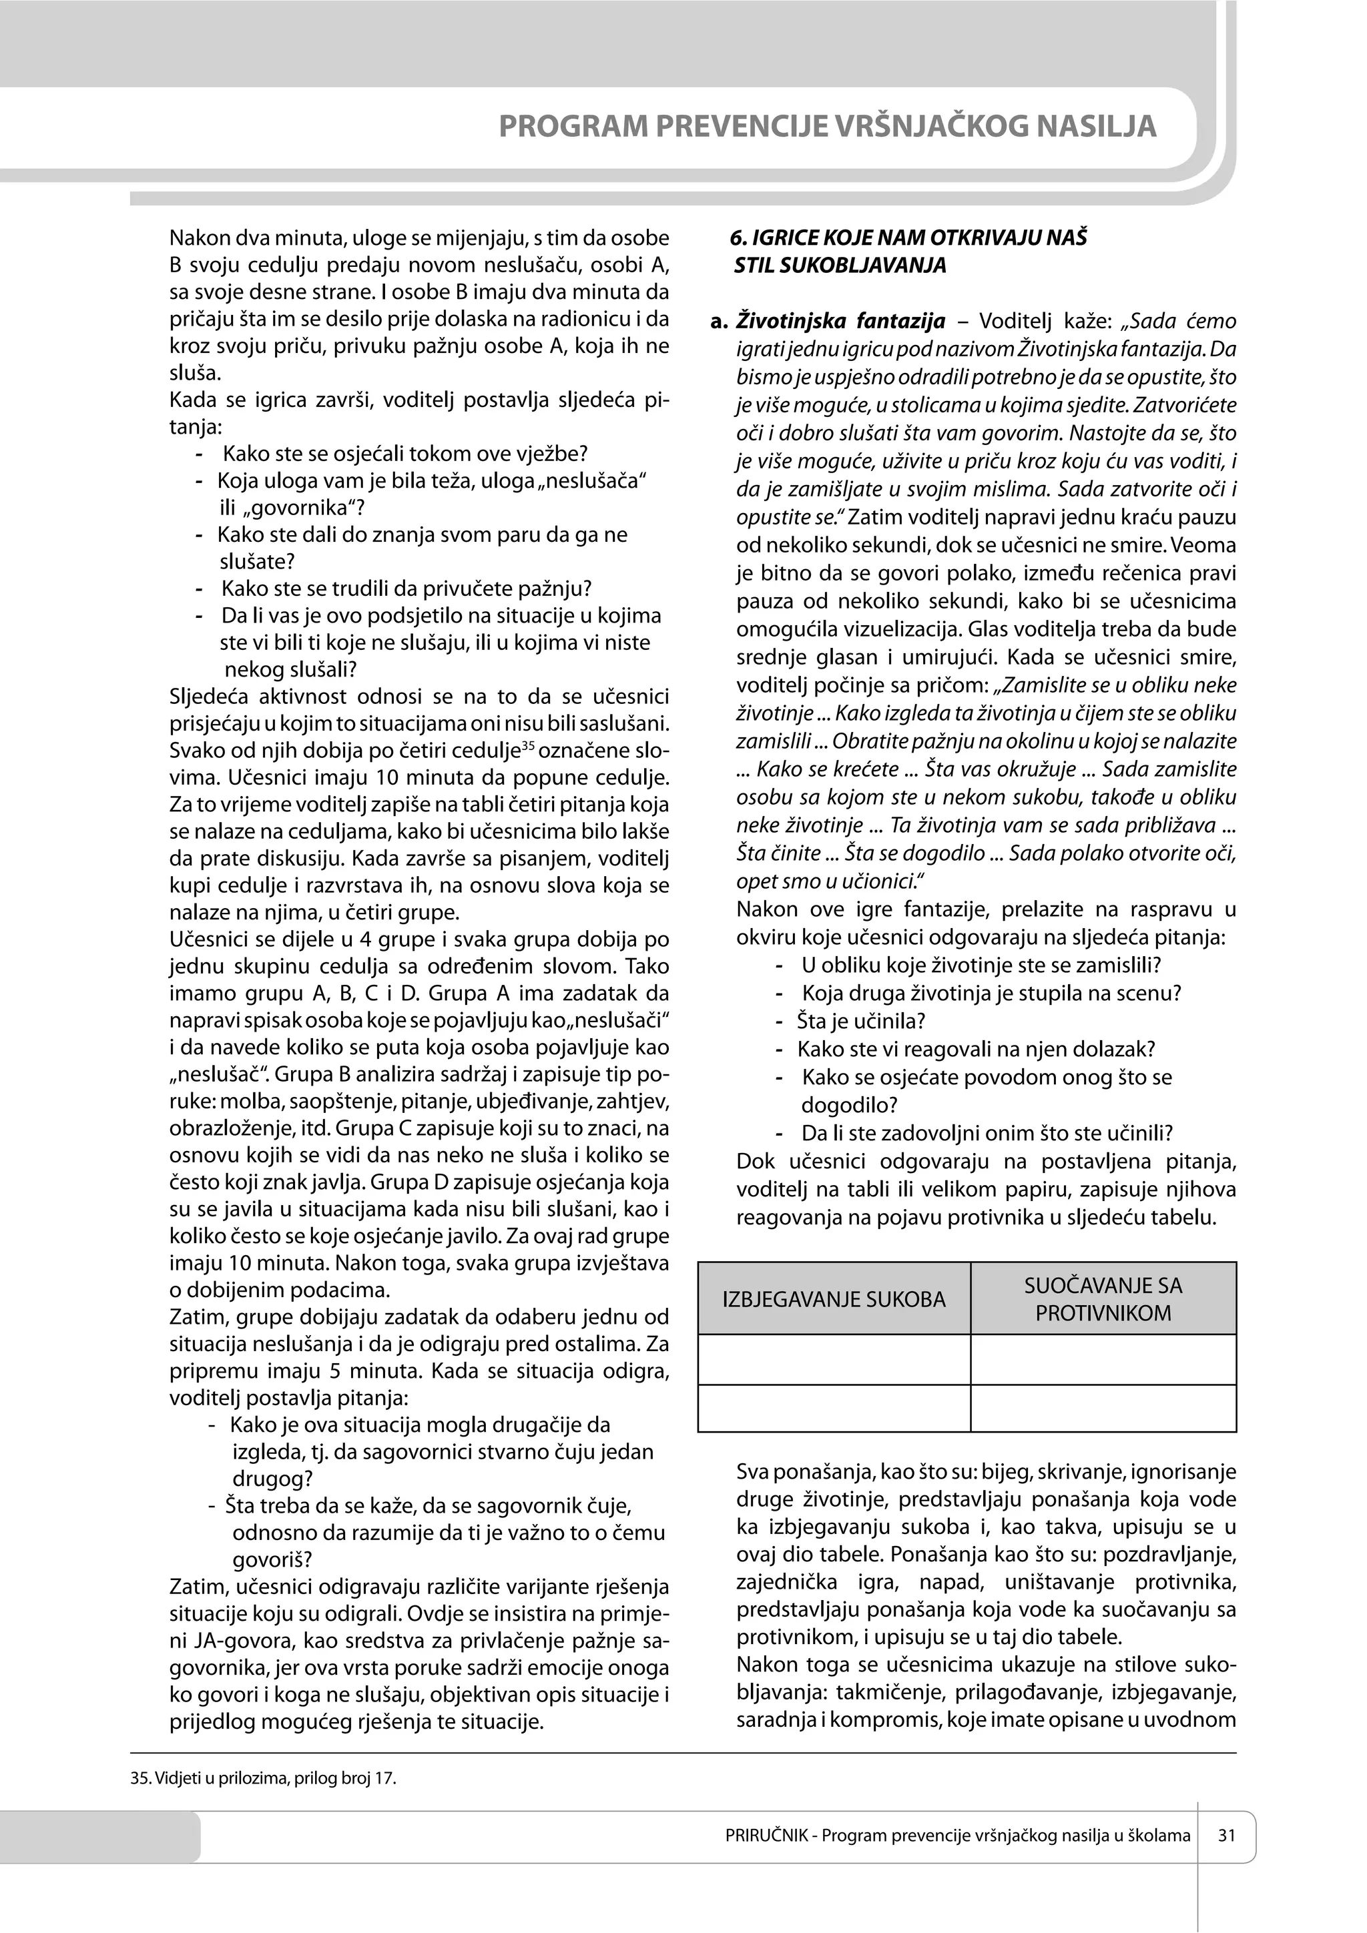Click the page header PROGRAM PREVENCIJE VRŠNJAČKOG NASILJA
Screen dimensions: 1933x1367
click(x=827, y=126)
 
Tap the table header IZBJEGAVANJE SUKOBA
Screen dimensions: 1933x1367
click(x=834, y=1299)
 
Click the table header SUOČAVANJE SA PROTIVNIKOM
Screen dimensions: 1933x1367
click(x=1103, y=1299)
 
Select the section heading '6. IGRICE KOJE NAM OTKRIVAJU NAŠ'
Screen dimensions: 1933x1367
click(x=908, y=238)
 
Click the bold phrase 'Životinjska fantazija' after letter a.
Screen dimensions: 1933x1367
click(x=840, y=321)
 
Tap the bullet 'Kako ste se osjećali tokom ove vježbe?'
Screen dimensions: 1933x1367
click(x=405, y=454)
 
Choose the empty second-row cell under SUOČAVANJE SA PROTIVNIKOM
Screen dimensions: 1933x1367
click(x=1103, y=1408)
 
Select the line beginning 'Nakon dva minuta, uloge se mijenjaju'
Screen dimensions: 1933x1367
click(x=419, y=238)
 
